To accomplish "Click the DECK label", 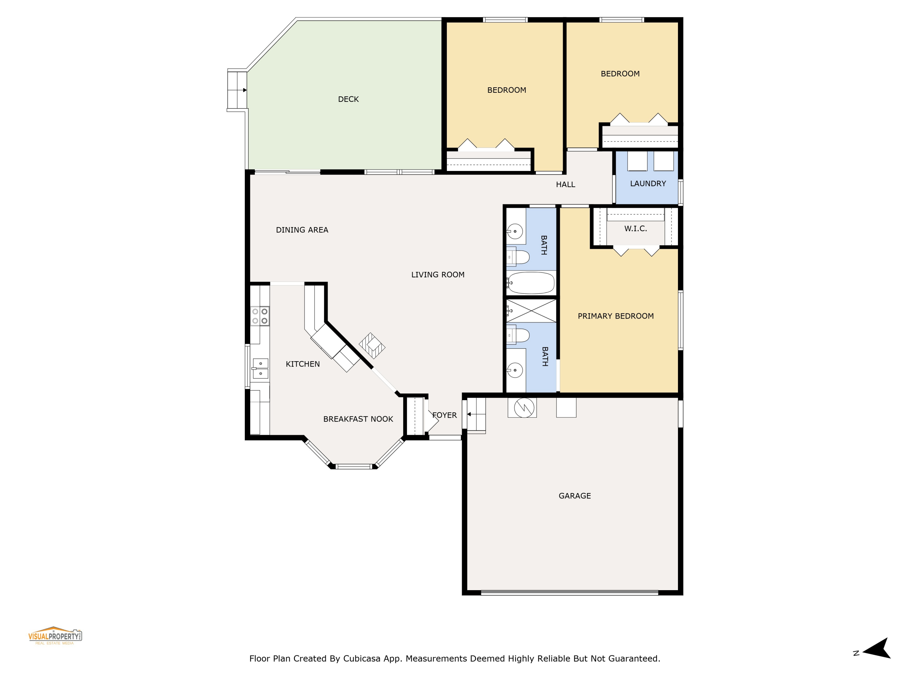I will [x=348, y=99].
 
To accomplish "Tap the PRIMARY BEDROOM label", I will [x=615, y=316].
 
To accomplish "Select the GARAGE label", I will [x=574, y=496].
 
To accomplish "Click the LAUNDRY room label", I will [x=648, y=184].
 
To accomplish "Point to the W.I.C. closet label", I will [x=635, y=229].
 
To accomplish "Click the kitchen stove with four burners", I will [x=260, y=316].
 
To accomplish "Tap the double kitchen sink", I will [x=260, y=368].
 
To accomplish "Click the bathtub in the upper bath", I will [x=531, y=283].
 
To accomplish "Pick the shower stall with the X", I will [x=531, y=311].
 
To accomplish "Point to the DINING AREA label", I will [x=302, y=230].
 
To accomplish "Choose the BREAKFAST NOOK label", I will [x=358, y=419].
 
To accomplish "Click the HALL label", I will [x=565, y=185].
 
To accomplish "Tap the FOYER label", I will [x=445, y=415].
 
